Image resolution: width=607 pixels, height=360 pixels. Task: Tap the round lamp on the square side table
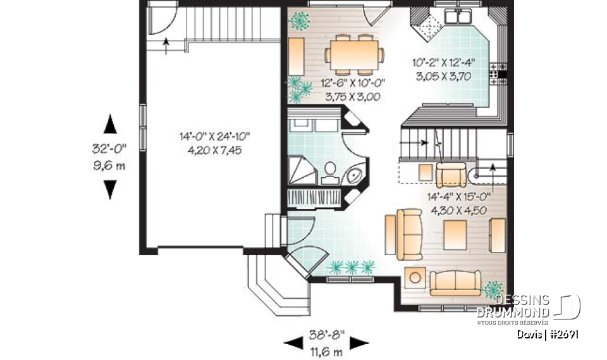click(414, 276)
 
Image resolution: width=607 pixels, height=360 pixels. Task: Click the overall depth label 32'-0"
click(109, 149)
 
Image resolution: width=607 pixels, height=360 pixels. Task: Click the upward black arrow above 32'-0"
click(110, 124)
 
